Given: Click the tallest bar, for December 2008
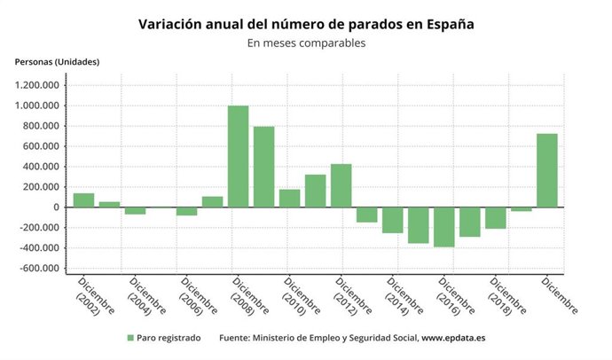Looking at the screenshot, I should click(x=238, y=156).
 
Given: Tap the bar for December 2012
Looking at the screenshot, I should click(x=341, y=185).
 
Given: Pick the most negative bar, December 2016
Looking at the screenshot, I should click(x=444, y=227).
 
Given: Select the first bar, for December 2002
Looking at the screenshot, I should click(x=83, y=200).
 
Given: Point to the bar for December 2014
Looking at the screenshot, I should click(x=392, y=220).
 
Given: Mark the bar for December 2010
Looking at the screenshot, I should click(x=289, y=198).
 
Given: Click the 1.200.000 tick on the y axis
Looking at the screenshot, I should click(x=37, y=86).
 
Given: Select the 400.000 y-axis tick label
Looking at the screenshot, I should click(x=41, y=167).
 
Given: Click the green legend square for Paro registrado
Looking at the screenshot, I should click(x=130, y=338).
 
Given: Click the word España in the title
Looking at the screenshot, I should click(x=443, y=25).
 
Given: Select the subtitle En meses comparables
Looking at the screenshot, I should click(x=306, y=43).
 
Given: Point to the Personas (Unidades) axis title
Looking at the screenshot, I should click(x=57, y=62).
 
